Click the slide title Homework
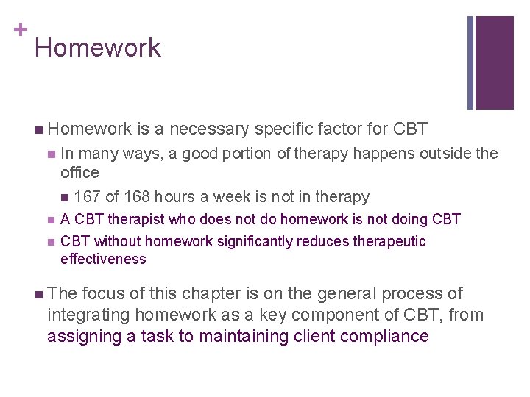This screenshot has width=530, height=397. pos(97,49)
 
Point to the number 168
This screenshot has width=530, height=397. pos(138,197)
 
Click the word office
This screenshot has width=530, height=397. pos(79,173)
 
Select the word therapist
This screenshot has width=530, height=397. pos(135,219)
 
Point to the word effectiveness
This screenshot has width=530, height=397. pos(103,259)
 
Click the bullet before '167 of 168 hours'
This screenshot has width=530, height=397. pos(66,197)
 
